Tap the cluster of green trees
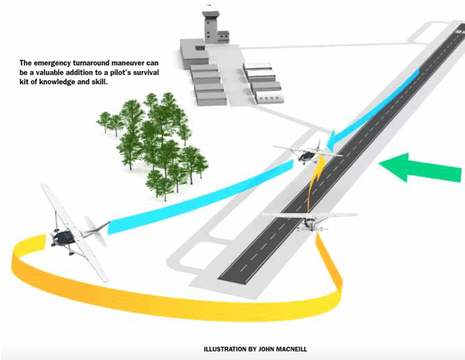[x=157, y=143]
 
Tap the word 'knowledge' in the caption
[x=53, y=82]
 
